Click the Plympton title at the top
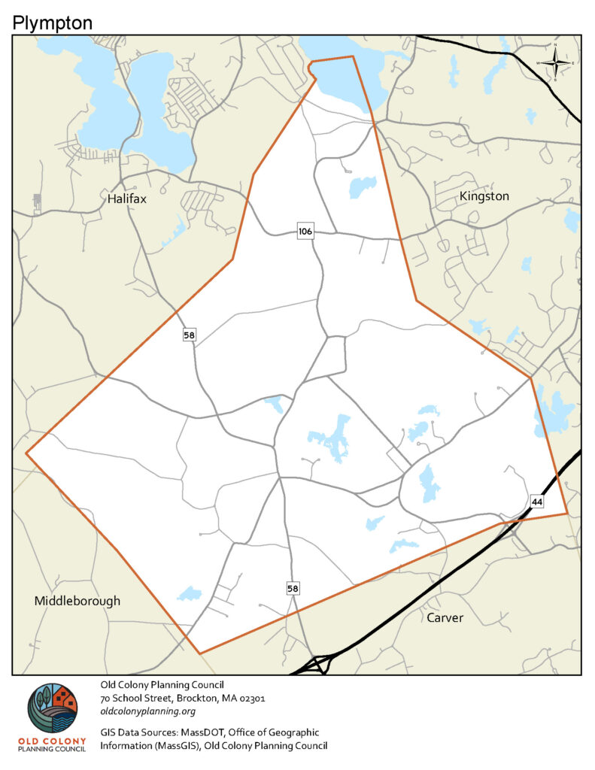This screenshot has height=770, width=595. [x=53, y=23]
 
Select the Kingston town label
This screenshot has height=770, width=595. [x=484, y=196]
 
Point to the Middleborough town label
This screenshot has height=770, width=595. [x=77, y=602]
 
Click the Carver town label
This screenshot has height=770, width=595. [x=445, y=618]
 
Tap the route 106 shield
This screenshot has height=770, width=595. [x=305, y=231]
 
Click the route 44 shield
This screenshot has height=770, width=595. [x=536, y=501]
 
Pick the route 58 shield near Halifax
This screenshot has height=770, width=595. [x=189, y=335]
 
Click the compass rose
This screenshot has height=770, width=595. [x=555, y=62]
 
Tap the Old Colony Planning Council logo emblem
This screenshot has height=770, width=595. [x=52, y=709]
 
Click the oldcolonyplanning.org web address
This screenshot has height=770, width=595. [x=148, y=711]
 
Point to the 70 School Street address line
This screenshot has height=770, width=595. [x=183, y=698]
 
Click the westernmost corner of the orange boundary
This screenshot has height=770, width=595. [x=26, y=453]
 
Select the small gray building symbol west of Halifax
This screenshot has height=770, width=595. [x=38, y=202]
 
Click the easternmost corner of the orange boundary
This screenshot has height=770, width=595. [x=567, y=514]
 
